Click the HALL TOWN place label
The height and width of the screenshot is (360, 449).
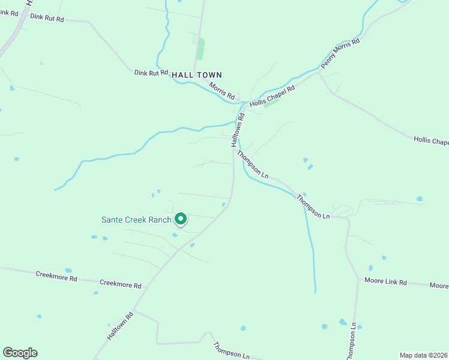(x=197, y=75)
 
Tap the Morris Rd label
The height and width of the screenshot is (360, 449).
(x=222, y=91)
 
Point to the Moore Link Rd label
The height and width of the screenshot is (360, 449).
(x=386, y=281)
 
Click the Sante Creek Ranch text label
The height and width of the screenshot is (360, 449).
(x=136, y=220)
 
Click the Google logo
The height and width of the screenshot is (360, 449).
(x=20, y=353)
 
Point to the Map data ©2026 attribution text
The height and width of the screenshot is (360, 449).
(x=423, y=355)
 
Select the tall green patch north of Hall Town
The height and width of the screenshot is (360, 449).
(x=200, y=49)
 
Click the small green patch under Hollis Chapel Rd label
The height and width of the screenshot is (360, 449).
(x=272, y=103)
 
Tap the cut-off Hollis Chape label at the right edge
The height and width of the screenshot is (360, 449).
(x=431, y=142)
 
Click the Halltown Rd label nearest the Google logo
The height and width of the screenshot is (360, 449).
(x=120, y=326)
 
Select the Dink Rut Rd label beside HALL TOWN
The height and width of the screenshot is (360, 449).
(x=151, y=73)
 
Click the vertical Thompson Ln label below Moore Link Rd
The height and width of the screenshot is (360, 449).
(x=352, y=341)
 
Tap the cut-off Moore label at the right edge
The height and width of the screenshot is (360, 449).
(x=439, y=286)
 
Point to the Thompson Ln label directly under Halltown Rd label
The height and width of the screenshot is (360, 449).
(x=252, y=164)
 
